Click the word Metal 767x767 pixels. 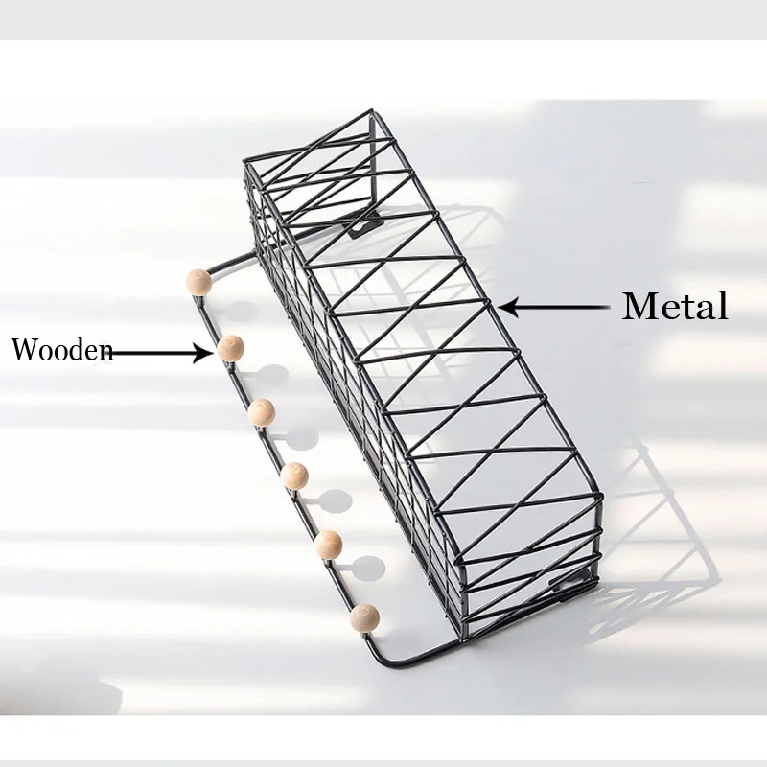coord(674,307)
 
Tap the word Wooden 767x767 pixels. coord(61,350)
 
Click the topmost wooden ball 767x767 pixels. coord(198,282)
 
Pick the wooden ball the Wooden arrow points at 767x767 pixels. coord(230,348)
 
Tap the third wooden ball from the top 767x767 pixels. coord(262,412)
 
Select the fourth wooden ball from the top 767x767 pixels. coord(295,476)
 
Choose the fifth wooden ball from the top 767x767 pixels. coord(329,545)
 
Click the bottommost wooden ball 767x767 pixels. coord(364,616)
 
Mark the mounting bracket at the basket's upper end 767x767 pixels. coord(365,226)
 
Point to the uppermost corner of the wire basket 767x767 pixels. coord(371,111)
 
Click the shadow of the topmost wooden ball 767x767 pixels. coord(235,311)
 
